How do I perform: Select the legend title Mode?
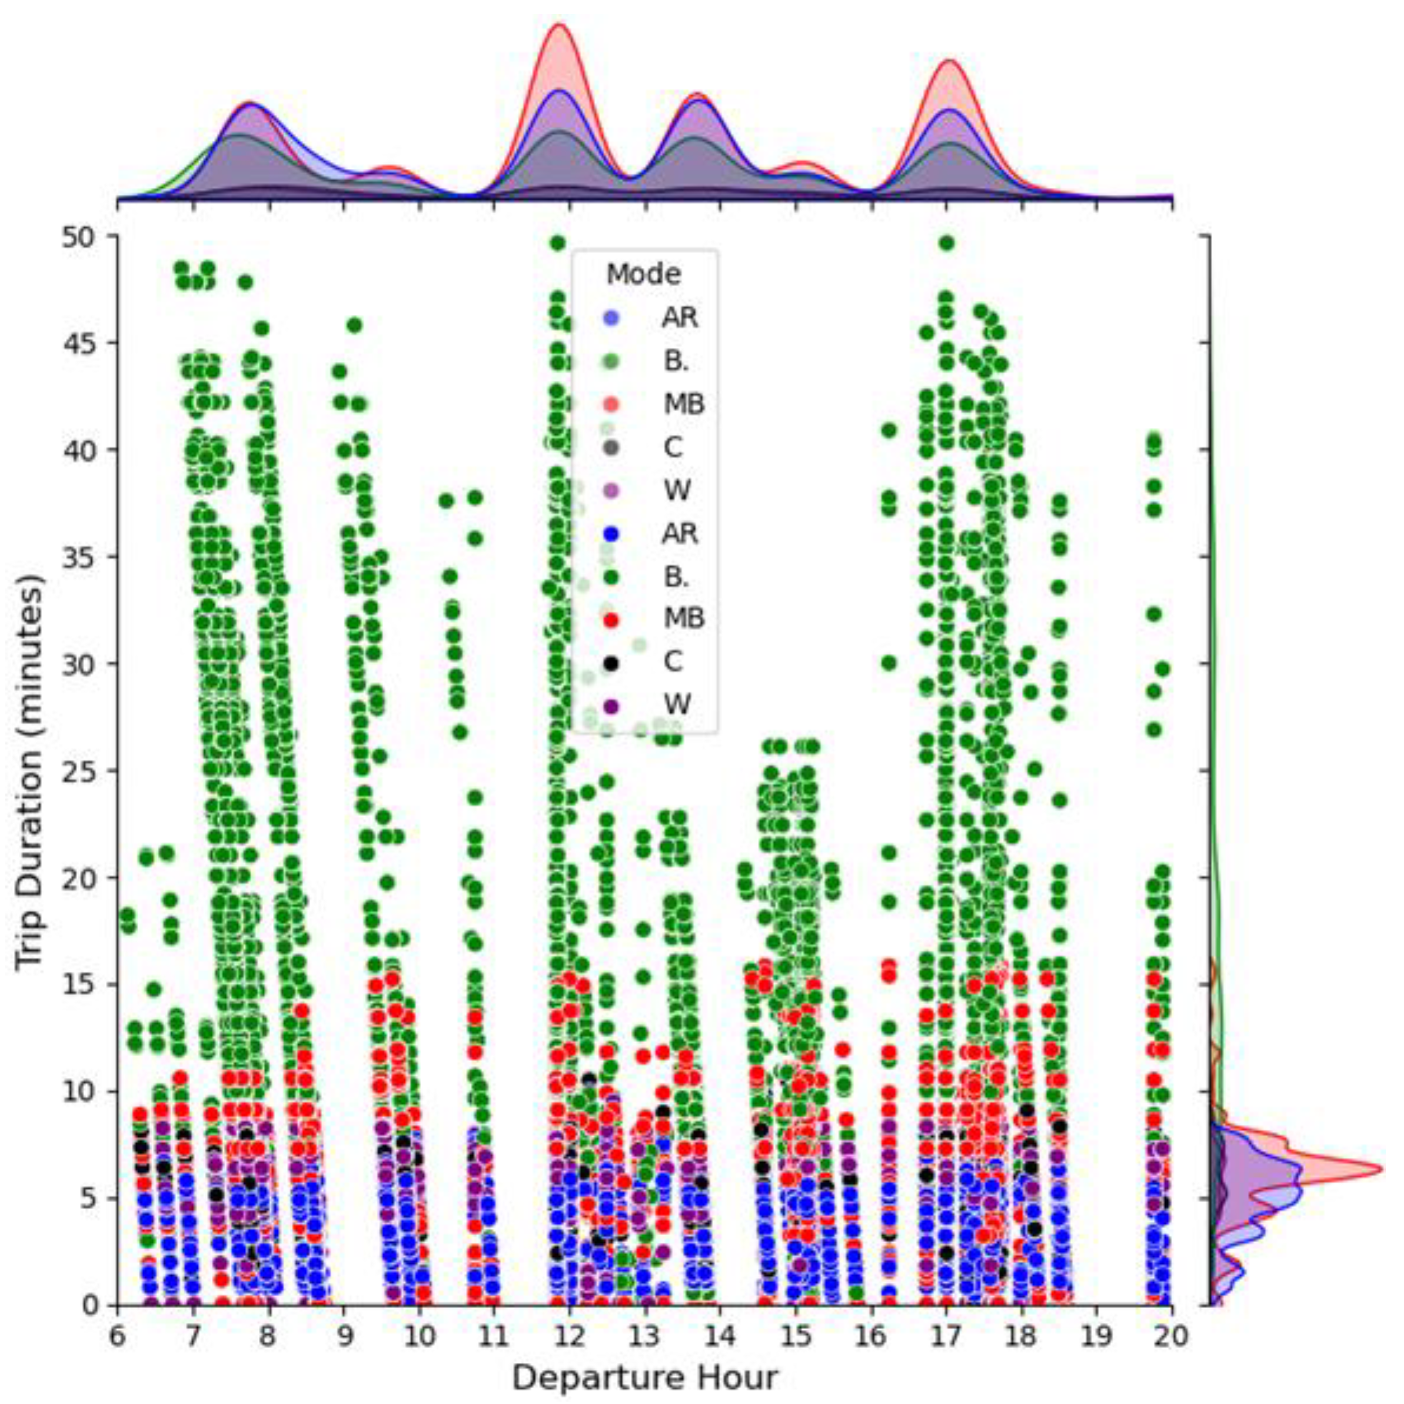[644, 275]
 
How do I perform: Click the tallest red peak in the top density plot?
[560, 25]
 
